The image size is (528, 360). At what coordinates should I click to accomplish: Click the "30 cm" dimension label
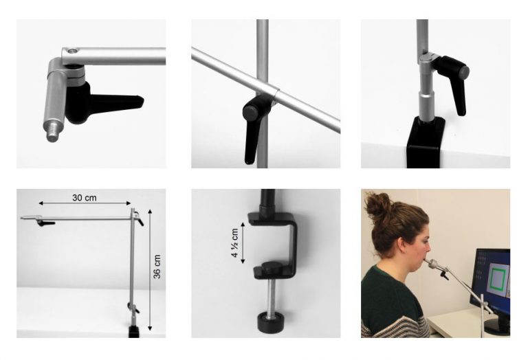(x=84, y=198)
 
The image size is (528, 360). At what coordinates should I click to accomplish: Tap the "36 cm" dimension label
(x=157, y=267)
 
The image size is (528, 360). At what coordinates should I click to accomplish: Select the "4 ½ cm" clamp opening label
(x=234, y=243)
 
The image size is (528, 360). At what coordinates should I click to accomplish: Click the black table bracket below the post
(x=424, y=142)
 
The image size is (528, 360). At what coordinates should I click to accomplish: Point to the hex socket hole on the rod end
(x=72, y=51)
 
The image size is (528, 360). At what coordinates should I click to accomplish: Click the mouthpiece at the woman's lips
(x=430, y=263)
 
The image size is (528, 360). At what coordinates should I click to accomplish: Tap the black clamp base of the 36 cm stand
(x=134, y=331)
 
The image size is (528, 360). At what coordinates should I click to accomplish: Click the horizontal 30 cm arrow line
(x=85, y=203)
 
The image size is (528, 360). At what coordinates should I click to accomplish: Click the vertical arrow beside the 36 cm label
(x=150, y=269)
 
